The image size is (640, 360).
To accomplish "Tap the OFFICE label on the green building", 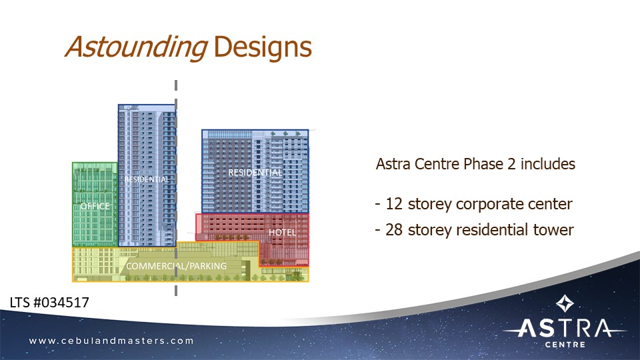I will [x=95, y=207].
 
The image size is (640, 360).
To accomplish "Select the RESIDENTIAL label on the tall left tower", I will [x=147, y=179].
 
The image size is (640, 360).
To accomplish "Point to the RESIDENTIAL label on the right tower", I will [x=255, y=173].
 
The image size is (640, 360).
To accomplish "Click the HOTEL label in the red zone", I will [x=282, y=232].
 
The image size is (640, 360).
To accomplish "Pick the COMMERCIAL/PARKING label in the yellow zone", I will [x=177, y=266].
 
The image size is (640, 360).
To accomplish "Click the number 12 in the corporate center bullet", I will [x=392, y=204].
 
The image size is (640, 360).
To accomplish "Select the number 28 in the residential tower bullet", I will [x=393, y=230].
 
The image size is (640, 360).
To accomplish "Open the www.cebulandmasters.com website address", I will [x=111, y=341].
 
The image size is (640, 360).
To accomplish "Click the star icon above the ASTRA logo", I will [x=565, y=304].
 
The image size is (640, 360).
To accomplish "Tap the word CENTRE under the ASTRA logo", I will [x=565, y=345].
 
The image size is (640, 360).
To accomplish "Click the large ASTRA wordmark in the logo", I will [x=565, y=328].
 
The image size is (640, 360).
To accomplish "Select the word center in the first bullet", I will [x=549, y=204].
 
